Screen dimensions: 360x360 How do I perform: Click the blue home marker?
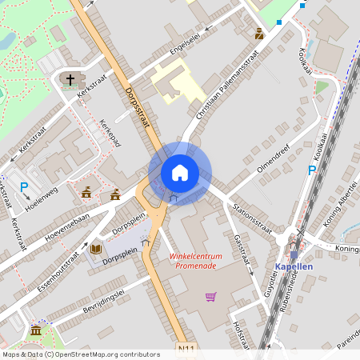point(179,173)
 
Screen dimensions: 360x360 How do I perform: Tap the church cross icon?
point(70,80)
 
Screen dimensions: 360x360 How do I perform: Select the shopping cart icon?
point(210,297)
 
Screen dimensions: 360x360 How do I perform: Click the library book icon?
point(96,250)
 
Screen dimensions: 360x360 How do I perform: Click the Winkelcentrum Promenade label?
point(194,261)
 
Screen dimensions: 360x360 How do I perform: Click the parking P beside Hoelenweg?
point(24,187)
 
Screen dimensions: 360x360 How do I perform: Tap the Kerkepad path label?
point(110,133)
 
